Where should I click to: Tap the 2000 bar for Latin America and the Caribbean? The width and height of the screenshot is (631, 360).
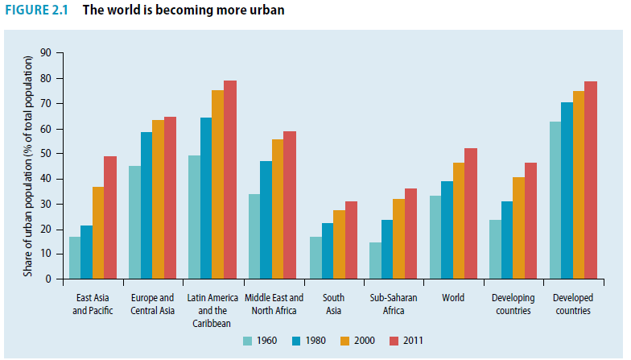[217, 184]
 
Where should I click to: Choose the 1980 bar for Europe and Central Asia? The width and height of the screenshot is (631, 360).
[146, 205]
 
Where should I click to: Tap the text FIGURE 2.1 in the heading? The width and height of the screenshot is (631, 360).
[37, 11]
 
